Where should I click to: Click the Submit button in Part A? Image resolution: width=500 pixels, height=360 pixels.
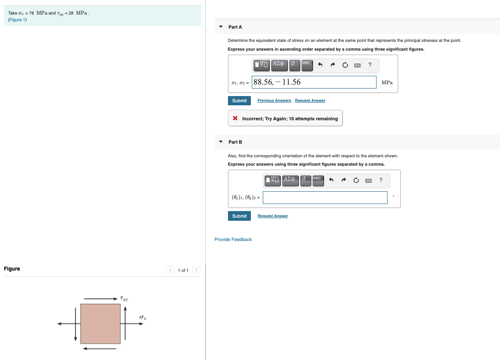tap(239, 100)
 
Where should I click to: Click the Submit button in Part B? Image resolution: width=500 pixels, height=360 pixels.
tap(239, 216)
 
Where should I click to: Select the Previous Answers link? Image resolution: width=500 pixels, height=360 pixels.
tap(274, 100)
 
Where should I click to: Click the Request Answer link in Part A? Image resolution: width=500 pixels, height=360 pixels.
tap(310, 100)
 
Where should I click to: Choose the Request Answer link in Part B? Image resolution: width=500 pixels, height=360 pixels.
tap(272, 216)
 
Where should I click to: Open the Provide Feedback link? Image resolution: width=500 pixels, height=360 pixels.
tap(233, 239)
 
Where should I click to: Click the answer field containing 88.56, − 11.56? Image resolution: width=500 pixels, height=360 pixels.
tap(314, 82)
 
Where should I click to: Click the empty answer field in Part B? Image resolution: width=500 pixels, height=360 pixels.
tap(325, 197)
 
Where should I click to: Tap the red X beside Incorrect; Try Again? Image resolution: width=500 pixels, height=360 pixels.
tap(235, 119)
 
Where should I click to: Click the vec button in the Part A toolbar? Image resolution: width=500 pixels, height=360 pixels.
tap(307, 65)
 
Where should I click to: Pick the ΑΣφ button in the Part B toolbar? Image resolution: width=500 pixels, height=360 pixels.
tap(290, 180)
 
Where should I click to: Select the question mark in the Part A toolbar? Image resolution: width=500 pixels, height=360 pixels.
tap(369, 65)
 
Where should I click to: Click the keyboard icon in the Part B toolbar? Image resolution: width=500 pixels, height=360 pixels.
tap(369, 180)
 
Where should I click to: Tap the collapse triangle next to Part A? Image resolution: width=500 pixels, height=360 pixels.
tap(221, 27)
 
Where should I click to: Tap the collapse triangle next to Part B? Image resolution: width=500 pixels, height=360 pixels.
tap(221, 142)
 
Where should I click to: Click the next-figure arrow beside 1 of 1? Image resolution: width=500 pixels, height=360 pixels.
tap(196, 270)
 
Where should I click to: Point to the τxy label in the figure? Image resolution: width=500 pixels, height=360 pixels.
tap(124, 299)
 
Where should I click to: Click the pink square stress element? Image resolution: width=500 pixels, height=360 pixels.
tap(101, 324)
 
